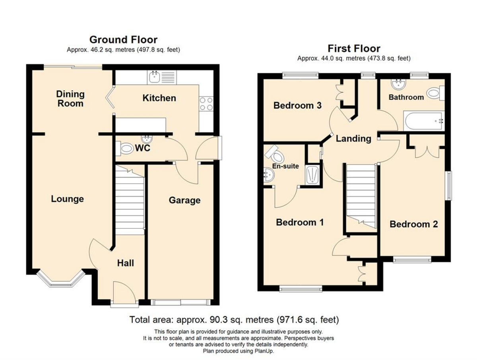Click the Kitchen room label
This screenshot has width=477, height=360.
[159, 98]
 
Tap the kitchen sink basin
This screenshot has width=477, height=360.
[155, 77]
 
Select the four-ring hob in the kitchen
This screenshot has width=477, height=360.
[206, 104]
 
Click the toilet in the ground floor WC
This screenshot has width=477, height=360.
[124, 149]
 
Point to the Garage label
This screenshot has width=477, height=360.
[184, 200]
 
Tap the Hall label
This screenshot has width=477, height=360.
[125, 263]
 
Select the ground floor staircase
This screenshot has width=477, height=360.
[130, 200]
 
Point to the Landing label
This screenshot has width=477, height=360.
[353, 139]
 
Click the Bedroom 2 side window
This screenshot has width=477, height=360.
[448, 186]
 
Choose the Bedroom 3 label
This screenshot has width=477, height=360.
[297, 106]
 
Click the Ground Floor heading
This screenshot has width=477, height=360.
[124, 40]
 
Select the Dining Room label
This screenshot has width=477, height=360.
[70, 99]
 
